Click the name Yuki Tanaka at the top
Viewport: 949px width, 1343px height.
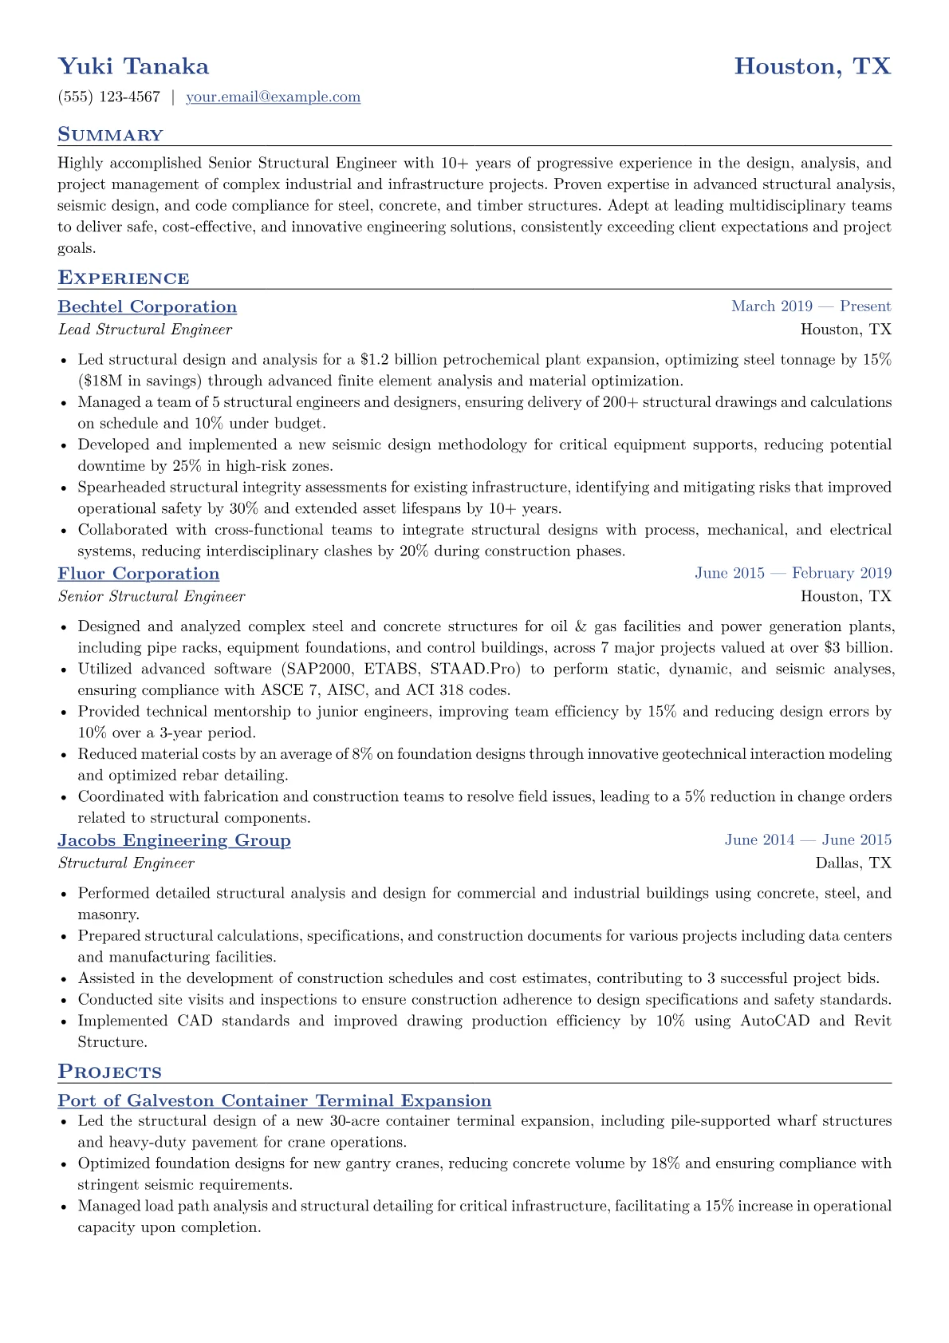(x=133, y=66)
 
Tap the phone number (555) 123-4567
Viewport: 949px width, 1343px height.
(x=109, y=97)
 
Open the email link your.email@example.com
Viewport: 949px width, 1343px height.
(x=273, y=97)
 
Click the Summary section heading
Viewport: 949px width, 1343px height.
(x=110, y=135)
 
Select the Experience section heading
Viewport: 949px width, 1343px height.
(x=124, y=278)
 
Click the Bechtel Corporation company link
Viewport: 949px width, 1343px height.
(x=148, y=307)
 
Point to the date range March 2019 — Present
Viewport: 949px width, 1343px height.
(x=811, y=306)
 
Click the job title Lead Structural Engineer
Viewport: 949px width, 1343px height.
(x=145, y=330)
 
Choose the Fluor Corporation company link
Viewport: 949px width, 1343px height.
(x=139, y=574)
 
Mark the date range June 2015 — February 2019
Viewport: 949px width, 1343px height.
(x=793, y=573)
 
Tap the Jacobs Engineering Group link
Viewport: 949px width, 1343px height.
(x=174, y=840)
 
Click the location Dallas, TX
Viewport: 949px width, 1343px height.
(x=853, y=863)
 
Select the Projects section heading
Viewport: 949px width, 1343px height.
(x=109, y=1072)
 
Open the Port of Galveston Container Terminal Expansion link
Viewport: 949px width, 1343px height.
(x=274, y=1101)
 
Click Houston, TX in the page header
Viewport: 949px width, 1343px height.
(x=812, y=66)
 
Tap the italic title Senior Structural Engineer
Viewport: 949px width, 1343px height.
(x=152, y=596)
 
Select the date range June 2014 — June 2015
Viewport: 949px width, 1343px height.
(x=808, y=839)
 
